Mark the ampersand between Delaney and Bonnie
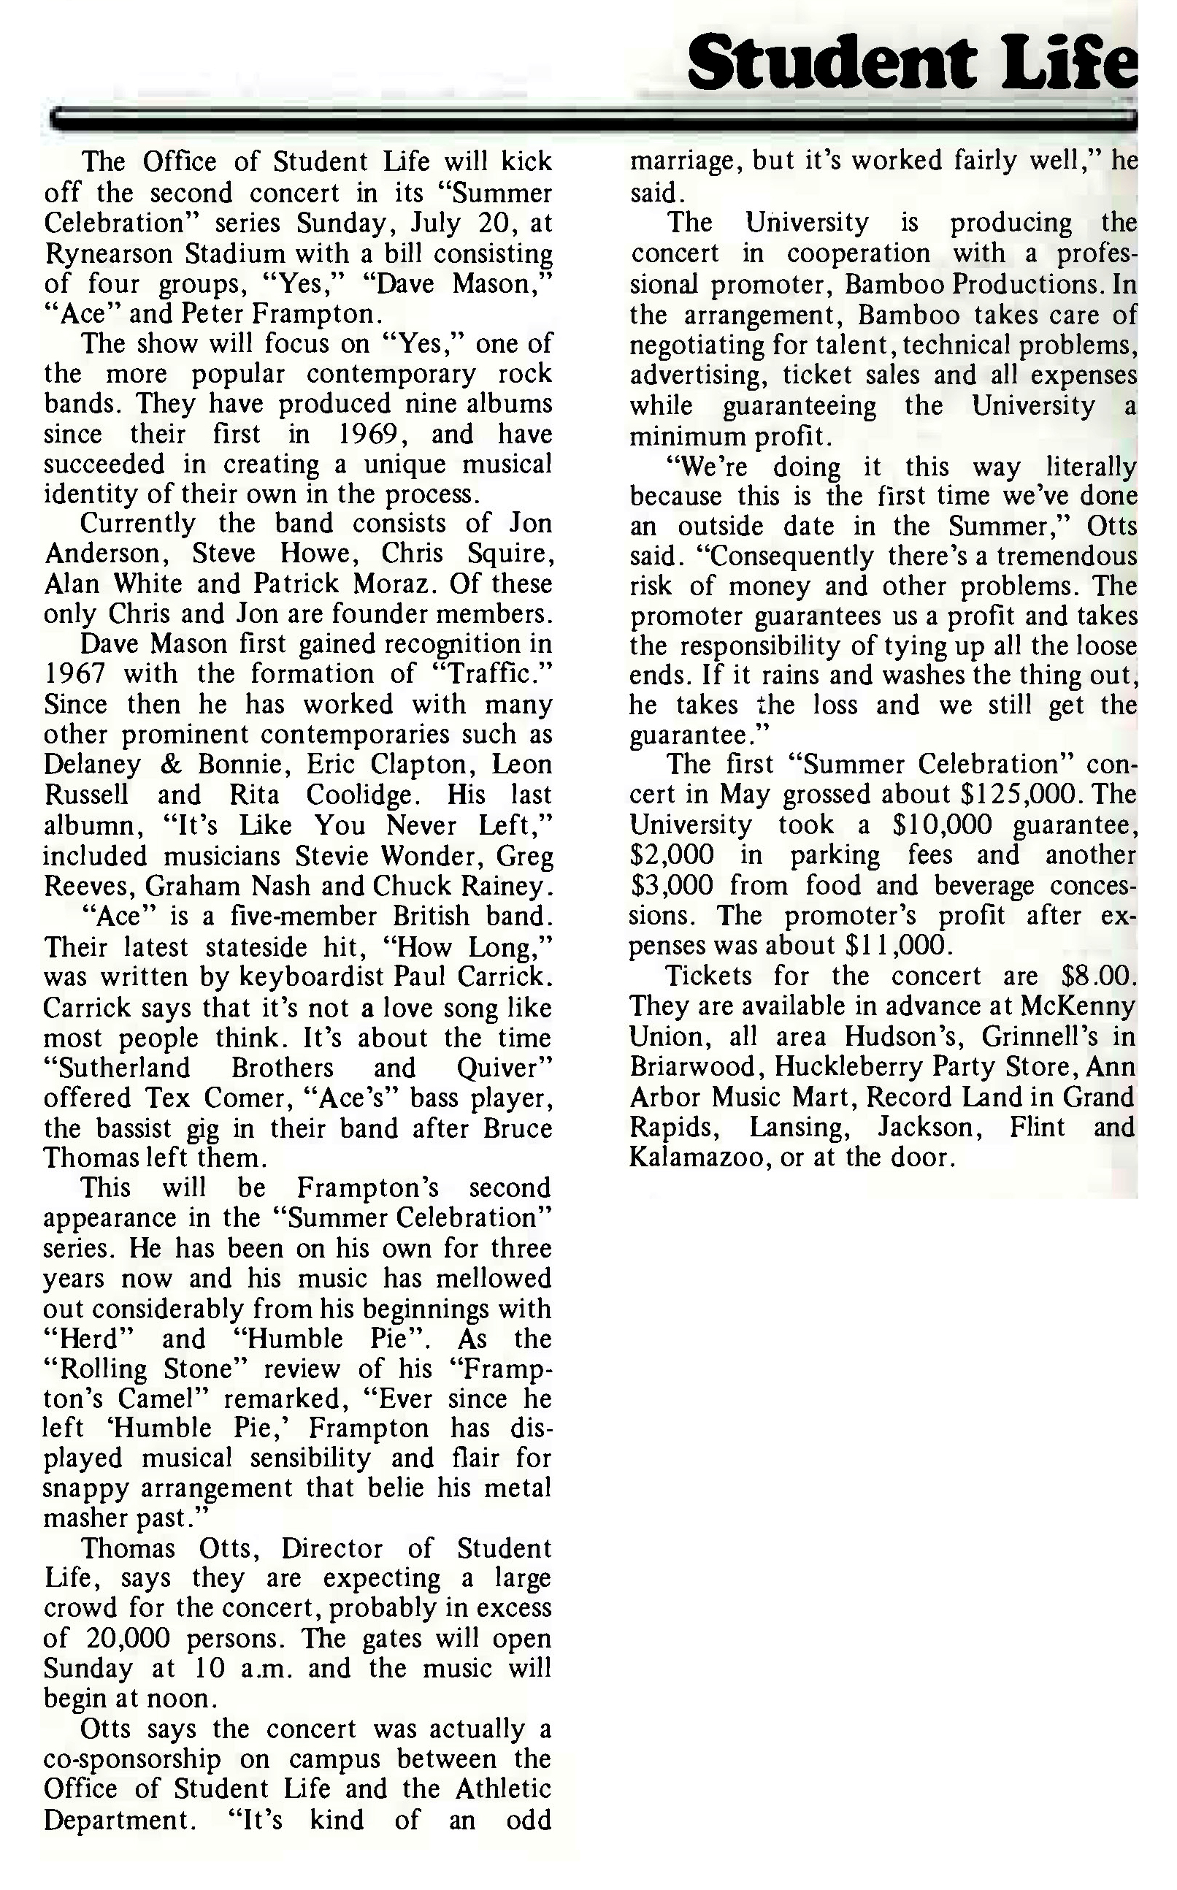(x=168, y=765)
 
